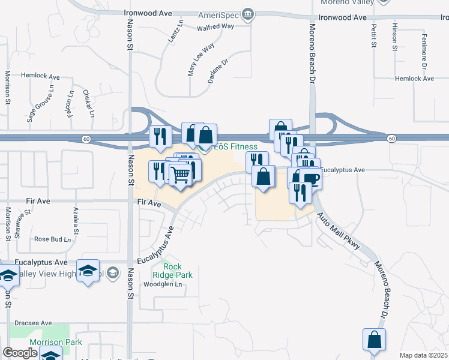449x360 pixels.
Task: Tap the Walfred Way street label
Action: point(215,26)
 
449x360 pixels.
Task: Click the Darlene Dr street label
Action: point(219,71)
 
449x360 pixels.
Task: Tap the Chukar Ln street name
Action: point(88,103)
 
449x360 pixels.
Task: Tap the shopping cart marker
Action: point(179,175)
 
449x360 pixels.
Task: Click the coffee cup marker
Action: point(310,178)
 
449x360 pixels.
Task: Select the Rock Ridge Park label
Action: point(173,271)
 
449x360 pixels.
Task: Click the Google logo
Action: point(20,353)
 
